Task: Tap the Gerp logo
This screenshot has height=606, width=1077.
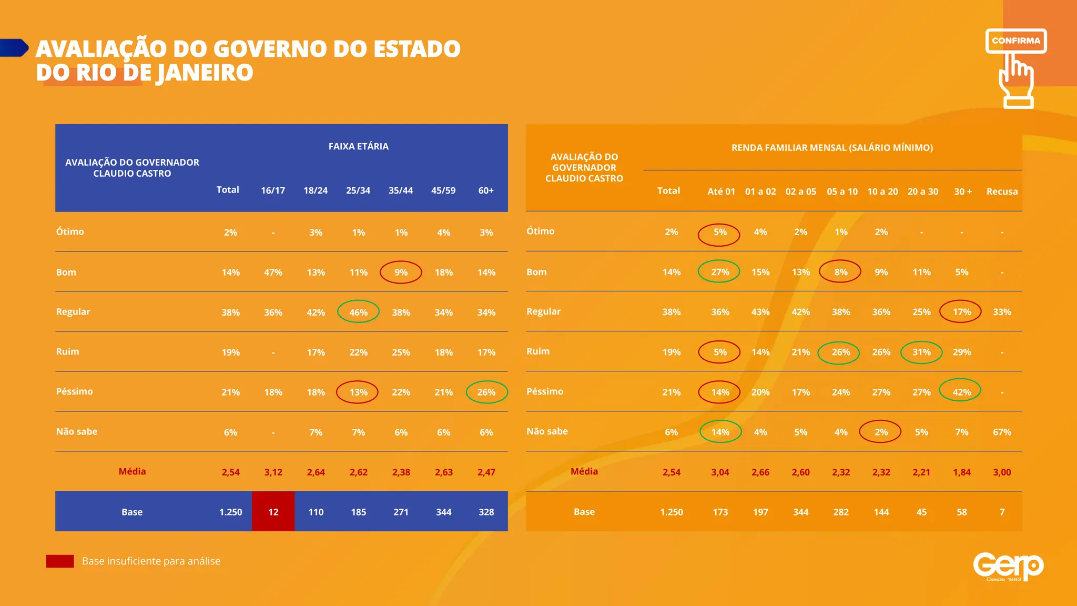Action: point(1008,566)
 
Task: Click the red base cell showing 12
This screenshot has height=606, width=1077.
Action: point(273,512)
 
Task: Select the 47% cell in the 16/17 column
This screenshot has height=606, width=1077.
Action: point(273,272)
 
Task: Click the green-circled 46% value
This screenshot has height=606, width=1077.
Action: point(358,312)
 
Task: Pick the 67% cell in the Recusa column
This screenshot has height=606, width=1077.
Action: point(1001,432)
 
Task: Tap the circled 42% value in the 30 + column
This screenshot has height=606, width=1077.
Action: point(961,392)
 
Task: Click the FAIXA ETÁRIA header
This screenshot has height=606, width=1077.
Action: point(358,146)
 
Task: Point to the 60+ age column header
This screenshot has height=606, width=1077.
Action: point(485,190)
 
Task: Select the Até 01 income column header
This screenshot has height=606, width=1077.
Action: point(720,191)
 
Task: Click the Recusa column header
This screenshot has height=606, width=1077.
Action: point(1001,191)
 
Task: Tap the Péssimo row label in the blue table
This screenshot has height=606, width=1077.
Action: point(74,391)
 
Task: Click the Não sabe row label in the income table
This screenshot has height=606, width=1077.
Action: point(547,431)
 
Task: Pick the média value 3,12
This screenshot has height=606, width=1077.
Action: point(273,472)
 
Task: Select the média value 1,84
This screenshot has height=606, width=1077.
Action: point(961,472)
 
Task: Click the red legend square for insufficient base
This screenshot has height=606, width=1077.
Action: point(60,561)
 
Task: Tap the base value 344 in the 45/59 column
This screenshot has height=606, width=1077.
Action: point(443,512)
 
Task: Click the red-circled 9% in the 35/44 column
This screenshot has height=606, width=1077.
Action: point(401,272)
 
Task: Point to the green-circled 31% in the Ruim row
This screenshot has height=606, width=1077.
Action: point(921,352)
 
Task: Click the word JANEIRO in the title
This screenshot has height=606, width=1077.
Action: point(205,73)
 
